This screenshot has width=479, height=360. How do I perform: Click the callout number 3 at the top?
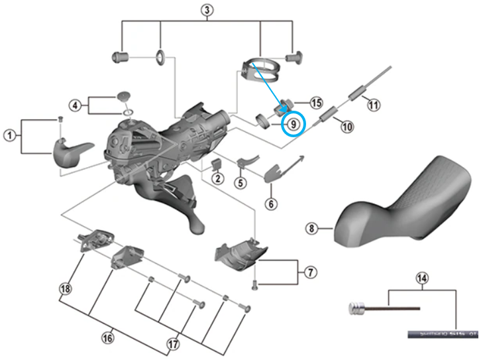207,9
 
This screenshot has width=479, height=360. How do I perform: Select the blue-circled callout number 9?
292,124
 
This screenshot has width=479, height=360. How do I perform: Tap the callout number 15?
316,103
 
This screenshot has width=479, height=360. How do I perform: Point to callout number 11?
374,104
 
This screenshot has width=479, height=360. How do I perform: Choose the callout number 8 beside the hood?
311,229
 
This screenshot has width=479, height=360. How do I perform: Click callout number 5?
240,182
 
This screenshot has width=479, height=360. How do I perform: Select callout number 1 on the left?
10,135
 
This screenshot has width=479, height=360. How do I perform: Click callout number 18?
65,288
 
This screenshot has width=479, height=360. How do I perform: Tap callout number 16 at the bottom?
107,338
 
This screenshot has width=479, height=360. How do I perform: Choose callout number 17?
174,345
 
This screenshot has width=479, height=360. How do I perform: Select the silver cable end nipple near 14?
356,308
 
